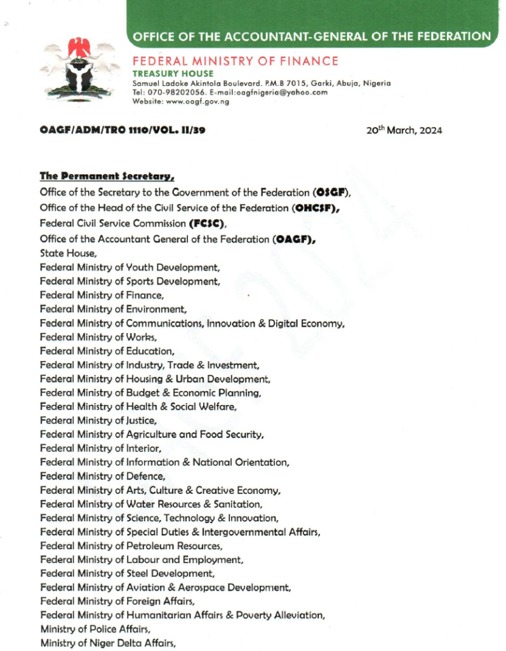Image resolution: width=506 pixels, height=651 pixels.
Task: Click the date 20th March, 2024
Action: click(404, 131)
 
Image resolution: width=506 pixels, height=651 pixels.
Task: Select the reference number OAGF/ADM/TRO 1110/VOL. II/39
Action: click(122, 131)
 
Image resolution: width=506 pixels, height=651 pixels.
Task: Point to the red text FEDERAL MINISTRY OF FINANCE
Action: click(235, 62)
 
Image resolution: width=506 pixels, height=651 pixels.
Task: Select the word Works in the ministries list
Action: click(141, 337)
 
